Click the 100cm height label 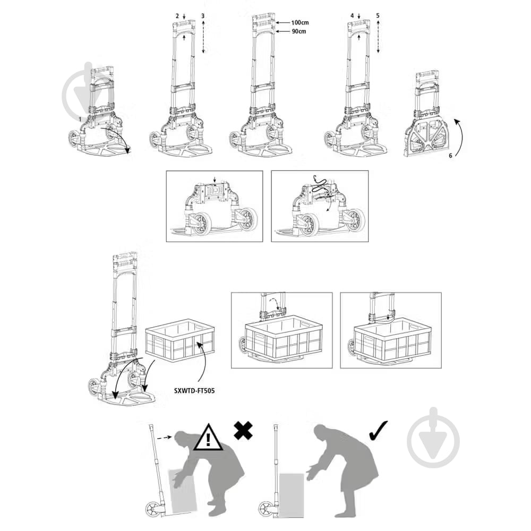[x=299, y=23]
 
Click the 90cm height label [x=298, y=31]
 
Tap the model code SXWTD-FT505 [x=194, y=391]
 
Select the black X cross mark [x=243, y=430]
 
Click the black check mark [x=378, y=430]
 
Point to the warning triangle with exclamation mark [x=208, y=438]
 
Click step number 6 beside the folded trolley [x=450, y=156]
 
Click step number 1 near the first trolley [x=80, y=119]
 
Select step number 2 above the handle [x=177, y=16]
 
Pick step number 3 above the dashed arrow [x=203, y=16]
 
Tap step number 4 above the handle [x=352, y=15]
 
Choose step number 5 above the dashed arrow [x=378, y=15]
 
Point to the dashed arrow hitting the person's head [x=165, y=437]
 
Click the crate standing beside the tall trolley [x=180, y=340]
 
